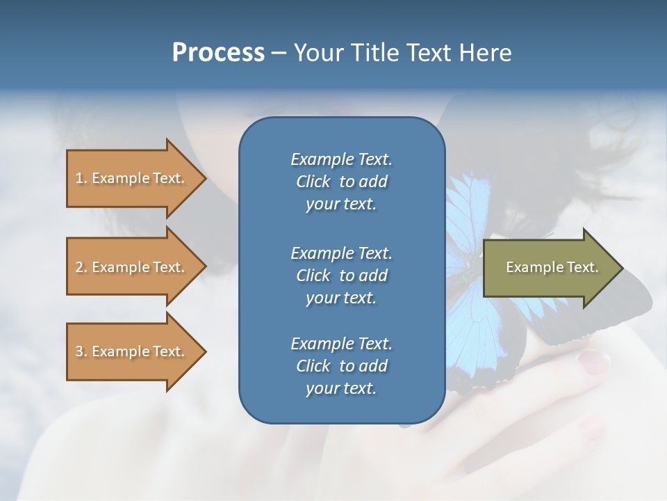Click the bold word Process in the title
218,53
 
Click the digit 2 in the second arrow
79,267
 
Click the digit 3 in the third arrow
79,351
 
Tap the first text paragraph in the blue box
341,182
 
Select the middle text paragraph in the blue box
341,275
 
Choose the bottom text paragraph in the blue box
341,366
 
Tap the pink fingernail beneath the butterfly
593,361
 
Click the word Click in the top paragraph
313,182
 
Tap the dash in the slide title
279,53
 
